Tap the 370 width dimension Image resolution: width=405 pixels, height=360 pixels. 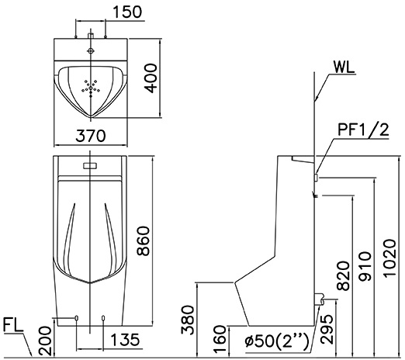point(92,136)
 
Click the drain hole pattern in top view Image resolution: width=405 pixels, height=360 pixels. point(92,87)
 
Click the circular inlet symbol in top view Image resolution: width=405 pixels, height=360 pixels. point(92,50)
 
